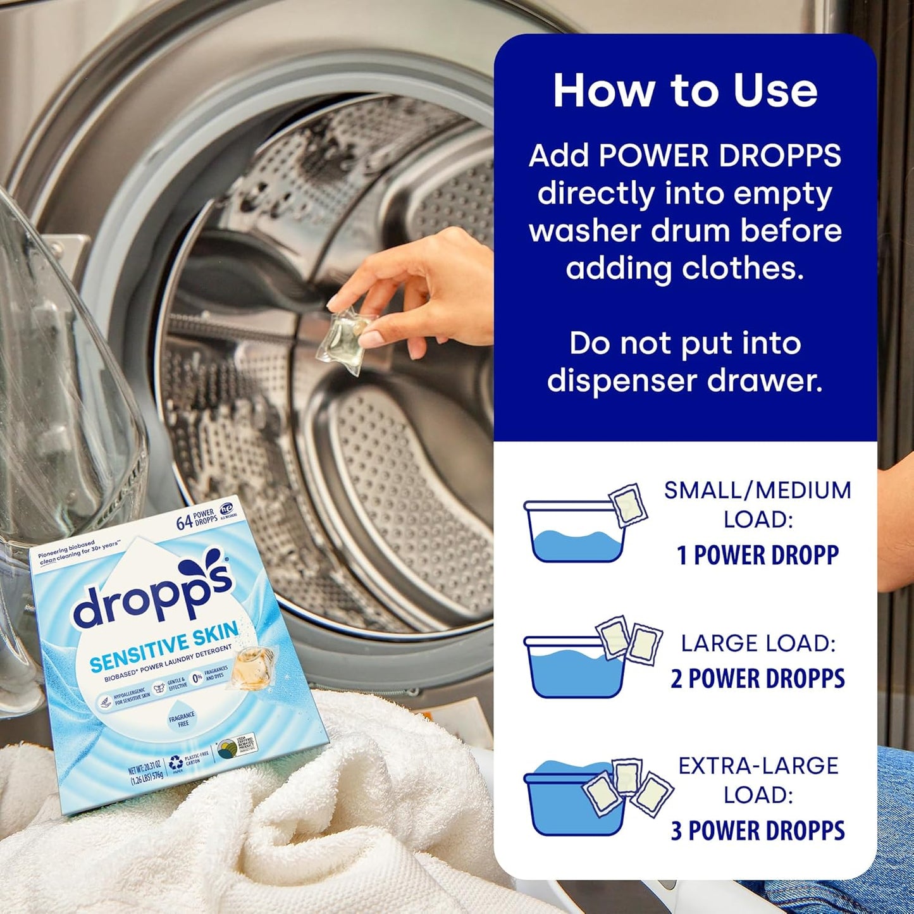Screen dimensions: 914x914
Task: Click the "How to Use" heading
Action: (685, 90)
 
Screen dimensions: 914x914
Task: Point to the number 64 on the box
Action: (184, 522)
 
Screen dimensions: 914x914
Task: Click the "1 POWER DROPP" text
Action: (758, 555)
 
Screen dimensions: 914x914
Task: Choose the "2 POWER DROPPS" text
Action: (758, 679)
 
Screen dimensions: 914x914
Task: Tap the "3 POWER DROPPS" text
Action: (758, 831)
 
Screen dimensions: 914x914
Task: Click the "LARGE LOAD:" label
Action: (758, 643)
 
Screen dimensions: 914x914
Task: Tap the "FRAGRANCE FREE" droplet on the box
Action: (182, 719)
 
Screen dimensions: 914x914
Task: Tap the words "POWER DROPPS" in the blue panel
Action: (720, 156)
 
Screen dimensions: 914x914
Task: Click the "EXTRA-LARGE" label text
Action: (758, 765)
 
